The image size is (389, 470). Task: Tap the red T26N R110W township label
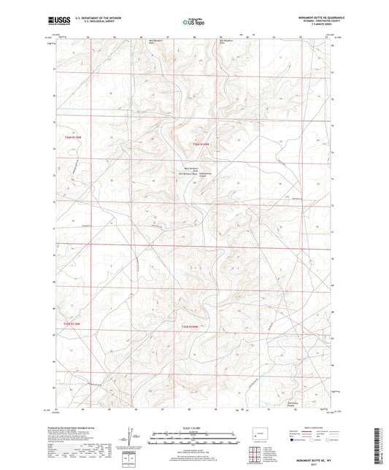tap(201, 145)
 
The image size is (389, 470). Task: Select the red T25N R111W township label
tap(69, 324)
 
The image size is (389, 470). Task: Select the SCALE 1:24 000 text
tap(193, 427)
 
